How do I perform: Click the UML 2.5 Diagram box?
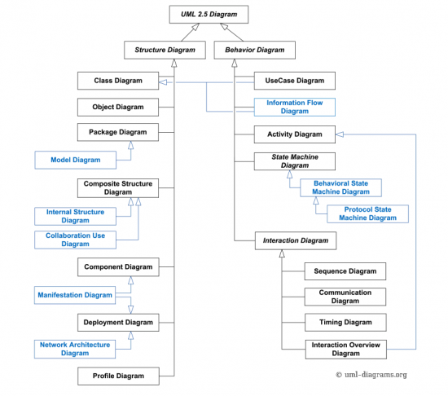click(209, 15)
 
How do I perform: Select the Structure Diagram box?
click(165, 50)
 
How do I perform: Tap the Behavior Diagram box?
click(255, 50)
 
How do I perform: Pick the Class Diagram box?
click(118, 81)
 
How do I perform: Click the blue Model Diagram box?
click(76, 160)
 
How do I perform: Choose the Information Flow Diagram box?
click(295, 107)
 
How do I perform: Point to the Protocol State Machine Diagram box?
click(367, 213)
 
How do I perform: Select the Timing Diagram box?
click(345, 323)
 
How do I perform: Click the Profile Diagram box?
click(118, 376)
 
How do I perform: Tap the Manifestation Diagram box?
click(75, 295)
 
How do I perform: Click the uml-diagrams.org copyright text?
click(371, 375)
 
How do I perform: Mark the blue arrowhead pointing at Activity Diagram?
click(340, 134)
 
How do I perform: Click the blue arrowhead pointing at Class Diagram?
click(163, 82)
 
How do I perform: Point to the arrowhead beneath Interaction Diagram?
click(282, 253)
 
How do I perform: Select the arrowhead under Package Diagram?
click(131, 145)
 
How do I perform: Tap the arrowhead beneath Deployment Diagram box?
click(131, 336)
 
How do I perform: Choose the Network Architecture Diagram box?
click(75, 349)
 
